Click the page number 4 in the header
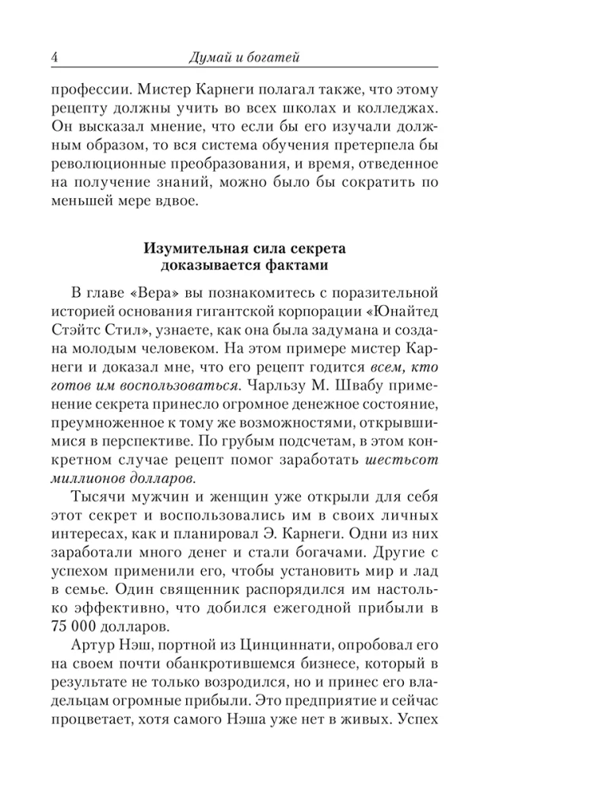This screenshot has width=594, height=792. tap(51, 56)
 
